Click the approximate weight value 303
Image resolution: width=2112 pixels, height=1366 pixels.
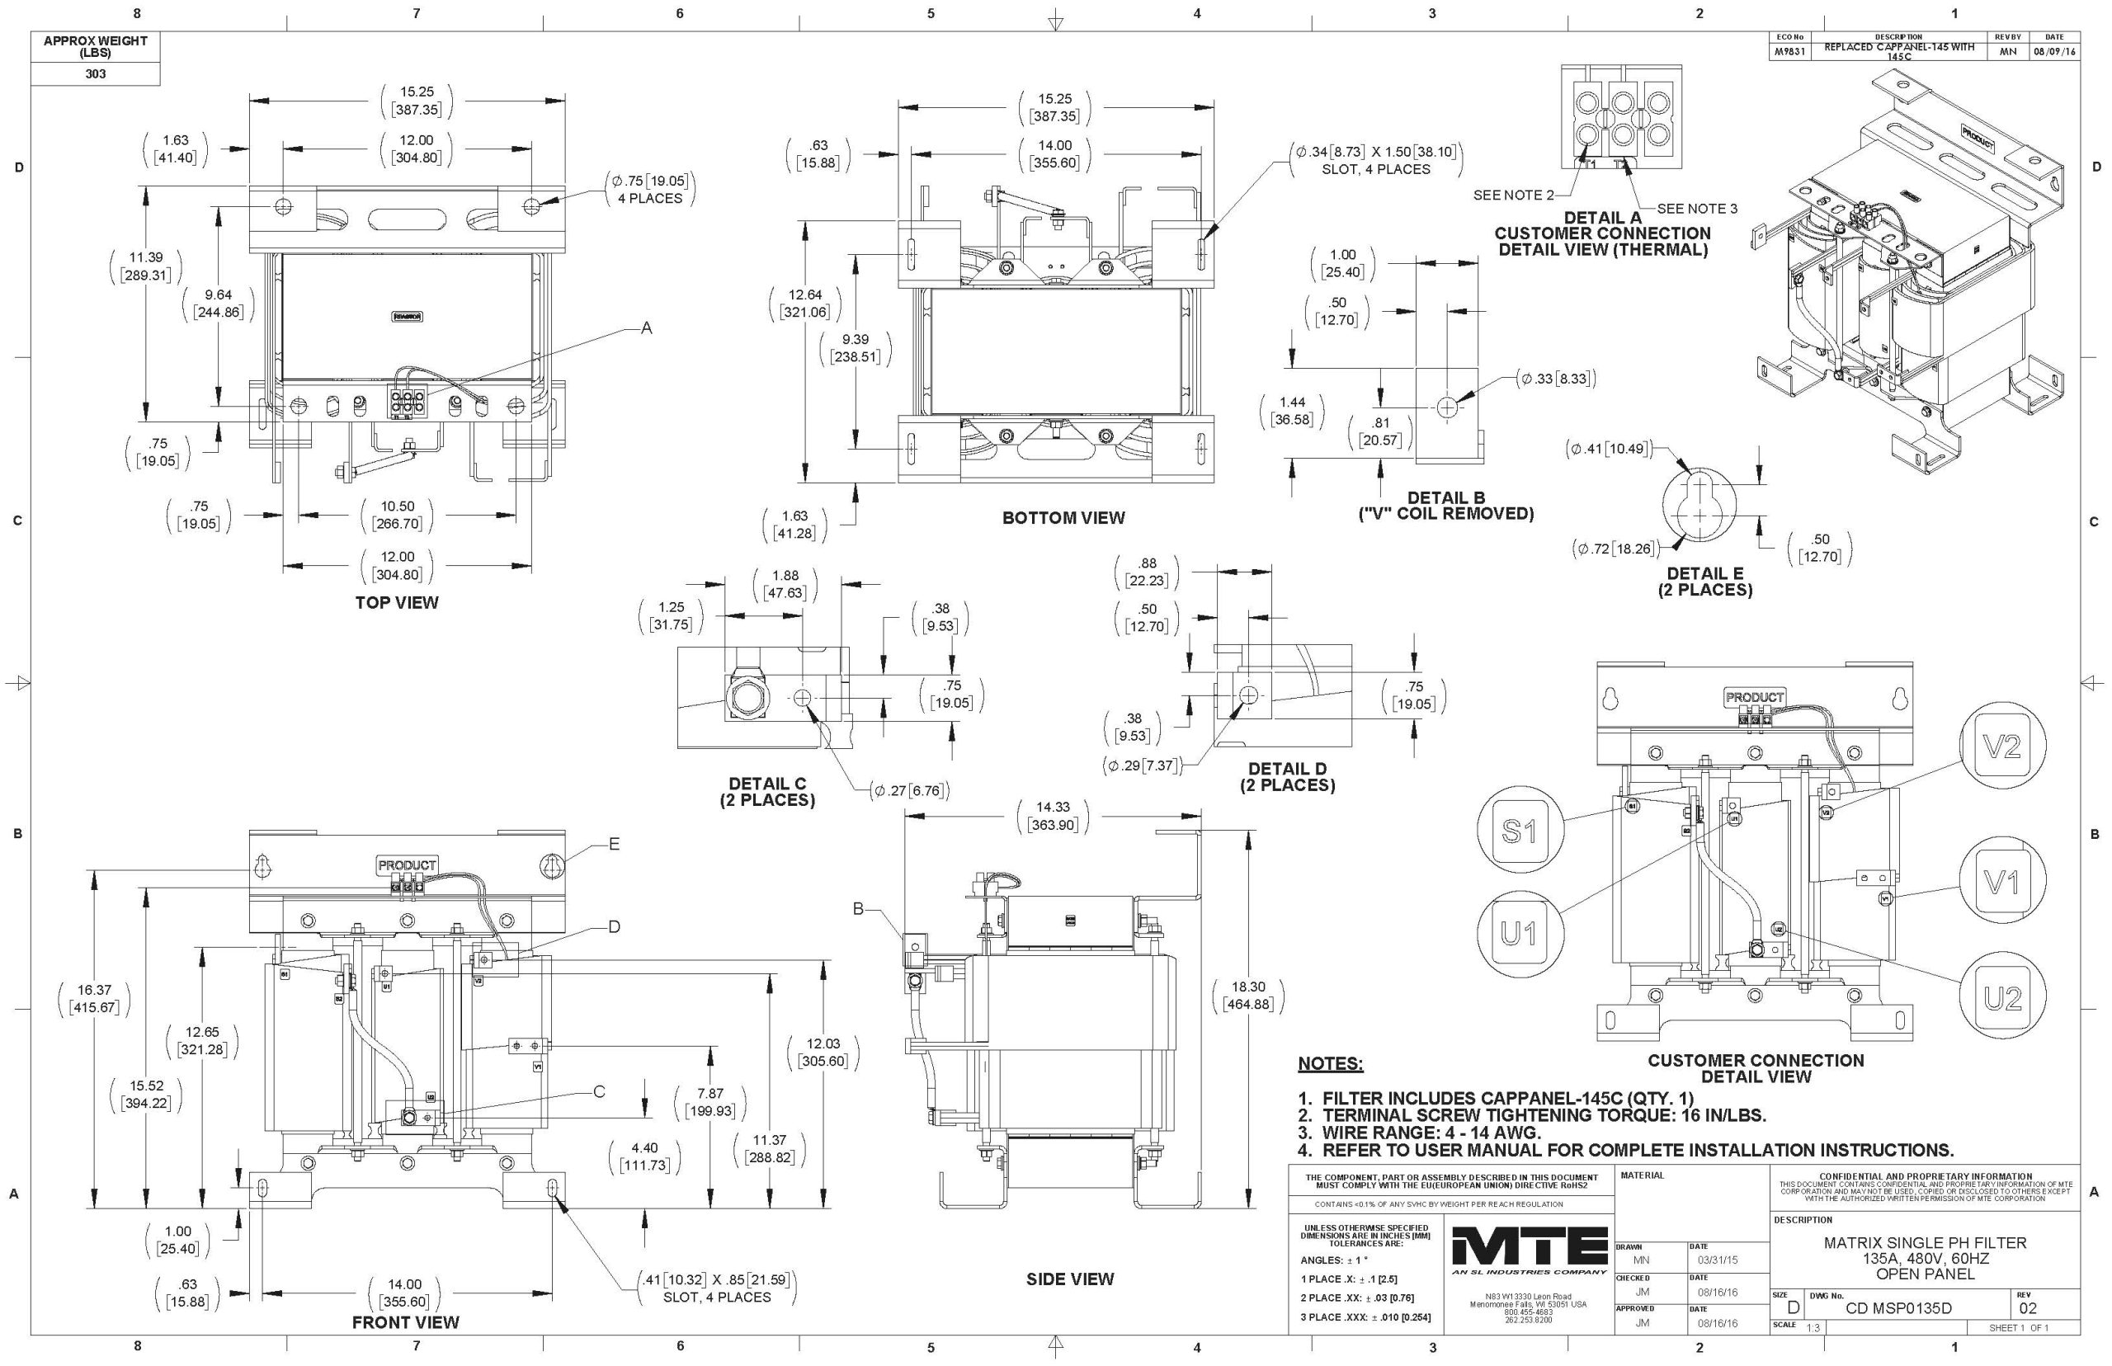95,73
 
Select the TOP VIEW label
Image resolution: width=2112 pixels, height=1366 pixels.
397,603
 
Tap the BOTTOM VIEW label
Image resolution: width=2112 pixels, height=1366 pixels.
1063,518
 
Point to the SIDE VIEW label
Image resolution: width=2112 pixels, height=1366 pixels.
1070,1279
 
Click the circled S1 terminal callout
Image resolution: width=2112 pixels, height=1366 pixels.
1519,831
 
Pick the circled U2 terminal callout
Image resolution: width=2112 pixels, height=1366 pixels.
2003,998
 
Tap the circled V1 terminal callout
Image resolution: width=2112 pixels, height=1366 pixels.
2002,882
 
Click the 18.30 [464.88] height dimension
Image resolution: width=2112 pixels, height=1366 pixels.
1247,996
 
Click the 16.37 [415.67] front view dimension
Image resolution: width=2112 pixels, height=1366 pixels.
93,999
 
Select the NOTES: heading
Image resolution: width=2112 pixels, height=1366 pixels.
1330,1063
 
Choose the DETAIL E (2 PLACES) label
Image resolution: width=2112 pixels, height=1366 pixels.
1704,582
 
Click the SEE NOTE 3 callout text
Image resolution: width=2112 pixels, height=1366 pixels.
1697,210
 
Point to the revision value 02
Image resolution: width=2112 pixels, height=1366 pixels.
2028,1308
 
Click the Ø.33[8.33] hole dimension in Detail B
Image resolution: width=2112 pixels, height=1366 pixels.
1558,379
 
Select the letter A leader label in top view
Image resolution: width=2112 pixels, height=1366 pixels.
647,328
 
